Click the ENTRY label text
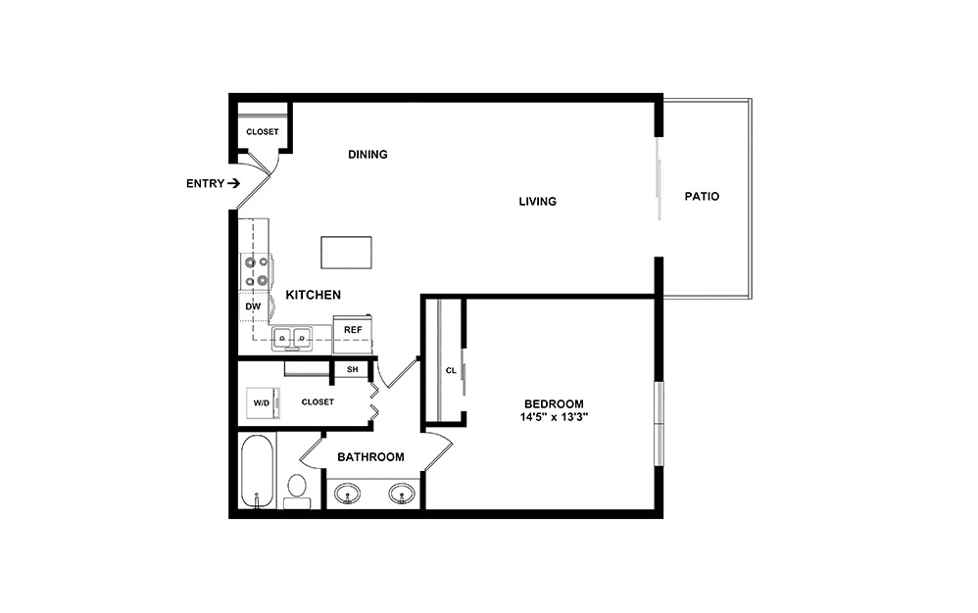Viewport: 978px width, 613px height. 203,183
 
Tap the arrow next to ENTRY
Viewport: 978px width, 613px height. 233,183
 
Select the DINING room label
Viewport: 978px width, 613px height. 368,154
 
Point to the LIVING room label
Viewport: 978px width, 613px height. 538,202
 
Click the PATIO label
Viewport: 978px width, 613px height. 702,197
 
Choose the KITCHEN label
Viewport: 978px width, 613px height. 313,295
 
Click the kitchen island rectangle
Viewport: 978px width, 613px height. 346,252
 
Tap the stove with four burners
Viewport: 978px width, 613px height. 257,271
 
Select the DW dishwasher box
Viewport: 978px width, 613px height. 252,307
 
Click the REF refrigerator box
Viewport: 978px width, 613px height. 353,330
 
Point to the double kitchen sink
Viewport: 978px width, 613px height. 292,339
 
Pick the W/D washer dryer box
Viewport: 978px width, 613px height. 262,402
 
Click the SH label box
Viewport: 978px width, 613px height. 352,369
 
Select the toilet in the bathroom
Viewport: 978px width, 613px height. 297,490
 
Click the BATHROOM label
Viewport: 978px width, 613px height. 370,457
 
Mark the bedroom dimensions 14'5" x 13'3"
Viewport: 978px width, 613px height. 555,417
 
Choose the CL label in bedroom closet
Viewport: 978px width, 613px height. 451,371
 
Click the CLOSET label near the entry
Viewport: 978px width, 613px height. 262,132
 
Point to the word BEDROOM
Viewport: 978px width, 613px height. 554,403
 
